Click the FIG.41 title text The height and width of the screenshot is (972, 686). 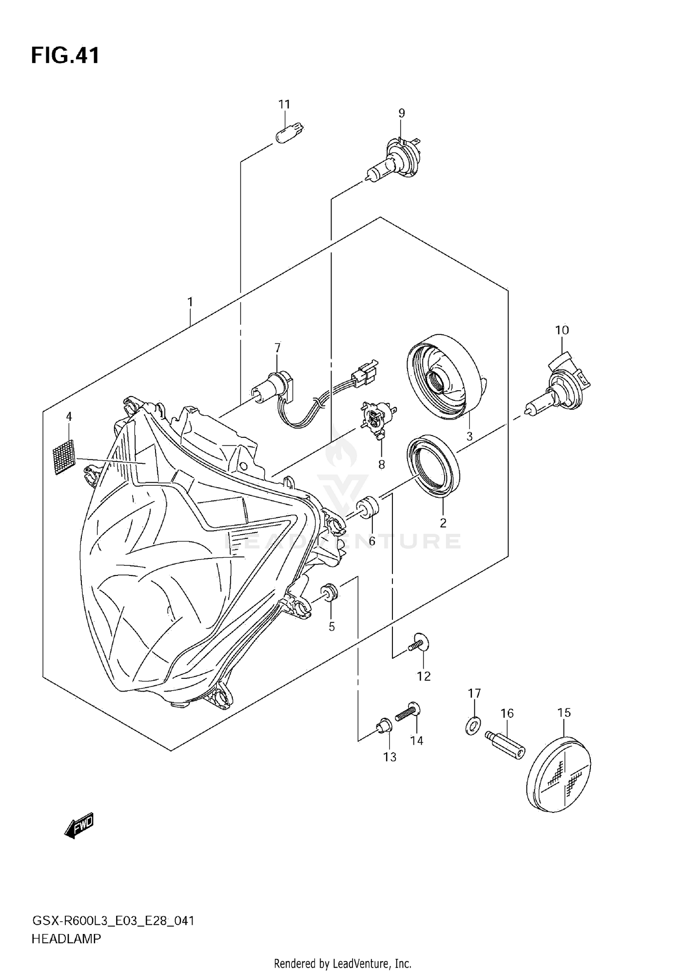tap(65, 56)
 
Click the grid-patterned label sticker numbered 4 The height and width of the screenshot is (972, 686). tap(64, 456)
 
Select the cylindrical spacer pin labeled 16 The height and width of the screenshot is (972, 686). tap(505, 745)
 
